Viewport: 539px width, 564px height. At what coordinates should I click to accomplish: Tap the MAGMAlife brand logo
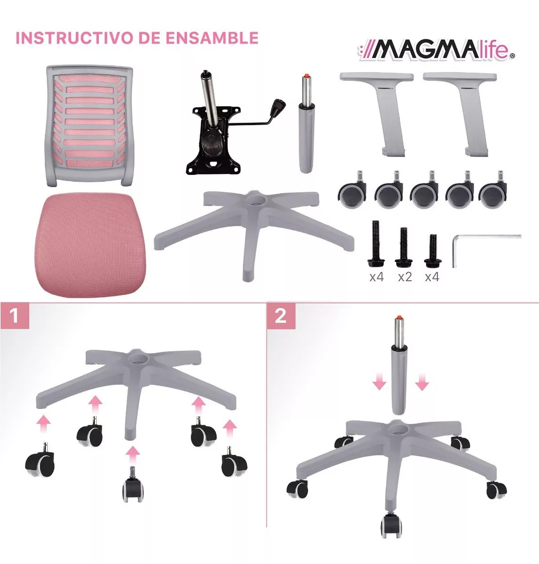436,52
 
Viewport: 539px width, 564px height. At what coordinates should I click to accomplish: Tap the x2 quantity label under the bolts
405,277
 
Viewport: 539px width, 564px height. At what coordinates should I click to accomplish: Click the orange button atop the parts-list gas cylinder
306,76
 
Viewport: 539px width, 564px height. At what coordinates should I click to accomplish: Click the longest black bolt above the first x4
376,243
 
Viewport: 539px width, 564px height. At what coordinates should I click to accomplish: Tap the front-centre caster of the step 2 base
391,524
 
